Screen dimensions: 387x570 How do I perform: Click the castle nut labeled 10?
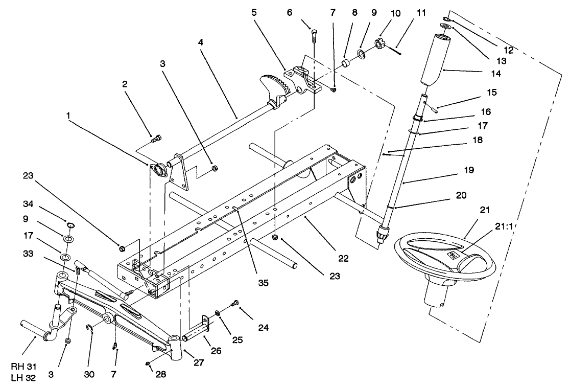point(380,44)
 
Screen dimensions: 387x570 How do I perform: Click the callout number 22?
point(343,259)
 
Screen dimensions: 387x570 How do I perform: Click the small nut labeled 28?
point(147,363)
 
